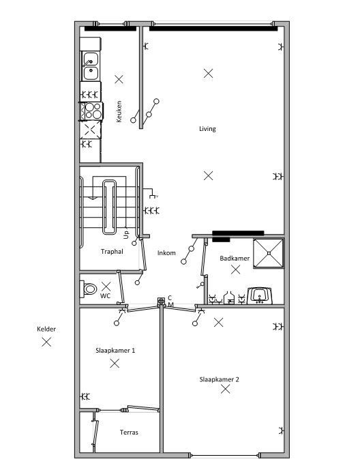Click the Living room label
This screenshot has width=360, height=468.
click(x=207, y=129)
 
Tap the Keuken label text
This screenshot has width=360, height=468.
click(x=119, y=111)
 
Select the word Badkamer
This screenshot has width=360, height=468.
click(x=235, y=259)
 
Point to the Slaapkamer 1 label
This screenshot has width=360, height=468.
click(x=115, y=351)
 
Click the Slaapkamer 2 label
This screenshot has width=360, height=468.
click(x=220, y=379)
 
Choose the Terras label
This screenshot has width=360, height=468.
click(x=129, y=433)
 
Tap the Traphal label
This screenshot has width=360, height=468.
click(x=112, y=252)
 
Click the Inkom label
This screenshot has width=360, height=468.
click(x=166, y=253)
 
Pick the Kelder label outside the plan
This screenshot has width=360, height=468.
click(x=46, y=330)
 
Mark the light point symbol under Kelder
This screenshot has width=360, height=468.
click(x=46, y=342)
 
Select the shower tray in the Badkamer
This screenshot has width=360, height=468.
click(x=269, y=253)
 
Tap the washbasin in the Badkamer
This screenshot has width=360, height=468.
click(x=260, y=295)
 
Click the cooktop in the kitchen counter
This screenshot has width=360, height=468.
click(x=91, y=111)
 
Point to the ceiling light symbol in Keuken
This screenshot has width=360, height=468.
click(x=119, y=79)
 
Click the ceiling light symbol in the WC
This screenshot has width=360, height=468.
click(x=106, y=287)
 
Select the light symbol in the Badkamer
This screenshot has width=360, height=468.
click(x=236, y=270)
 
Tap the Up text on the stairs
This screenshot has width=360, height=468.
click(x=126, y=235)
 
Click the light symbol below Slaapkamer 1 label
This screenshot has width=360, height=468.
click(x=115, y=363)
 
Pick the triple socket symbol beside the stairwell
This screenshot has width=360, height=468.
click(x=151, y=211)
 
